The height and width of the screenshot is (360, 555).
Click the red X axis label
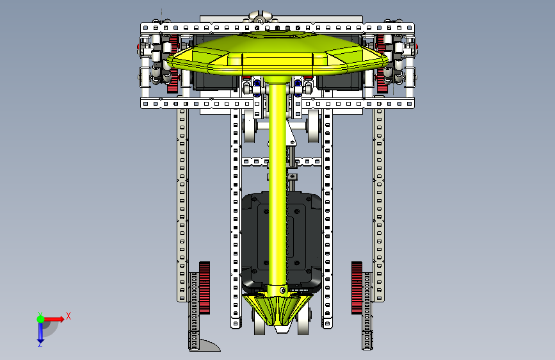68,316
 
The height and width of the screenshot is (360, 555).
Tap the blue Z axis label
40,344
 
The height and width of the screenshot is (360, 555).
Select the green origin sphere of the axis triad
41,319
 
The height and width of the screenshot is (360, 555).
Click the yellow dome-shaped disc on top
278,53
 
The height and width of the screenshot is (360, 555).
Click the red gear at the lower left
204,288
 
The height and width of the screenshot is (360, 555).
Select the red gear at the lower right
357,288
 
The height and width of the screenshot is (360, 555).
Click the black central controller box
282,239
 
